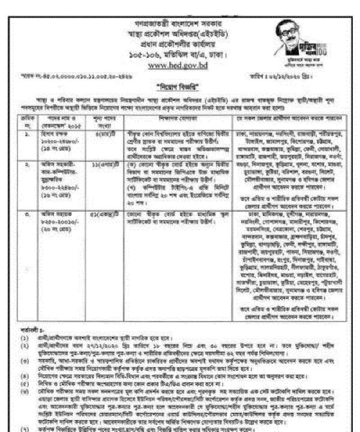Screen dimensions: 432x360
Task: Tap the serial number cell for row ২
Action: (23, 180)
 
